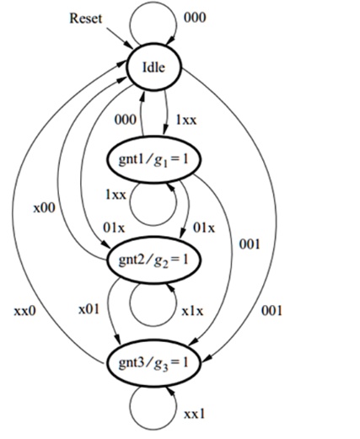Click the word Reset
click(x=86, y=19)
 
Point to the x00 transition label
click(x=45, y=208)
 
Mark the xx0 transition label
click(x=25, y=311)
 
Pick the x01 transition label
click(x=89, y=309)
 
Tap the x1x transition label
click(x=192, y=311)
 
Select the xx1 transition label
click(x=195, y=414)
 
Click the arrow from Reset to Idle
click(x=120, y=39)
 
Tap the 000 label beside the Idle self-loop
click(x=195, y=18)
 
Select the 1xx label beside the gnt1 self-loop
click(x=116, y=194)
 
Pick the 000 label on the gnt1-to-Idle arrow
click(x=126, y=120)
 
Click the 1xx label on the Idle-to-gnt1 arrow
click(x=186, y=120)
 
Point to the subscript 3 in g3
click(x=165, y=367)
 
